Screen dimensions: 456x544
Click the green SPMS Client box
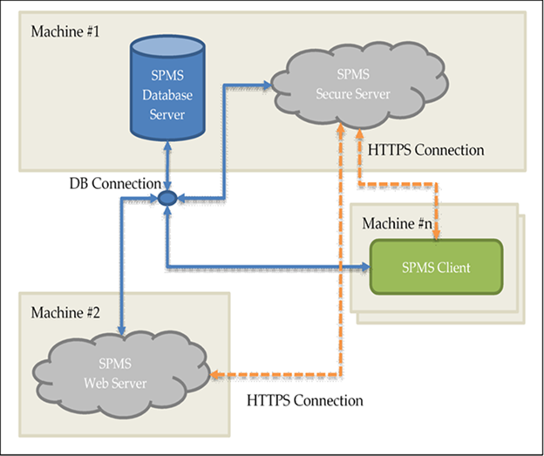click(437, 267)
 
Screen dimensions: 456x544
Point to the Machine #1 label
click(66, 32)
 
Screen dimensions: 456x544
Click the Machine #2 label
click(66, 312)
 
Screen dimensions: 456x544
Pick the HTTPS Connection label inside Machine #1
click(426, 150)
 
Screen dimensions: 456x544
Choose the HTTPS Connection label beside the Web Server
click(304, 400)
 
